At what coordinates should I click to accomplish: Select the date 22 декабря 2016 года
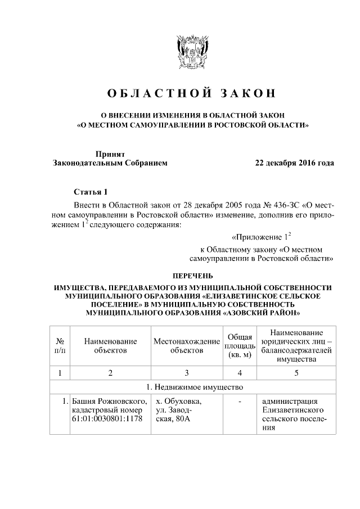[x=294, y=163]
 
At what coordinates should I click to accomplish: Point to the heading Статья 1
[x=90, y=191]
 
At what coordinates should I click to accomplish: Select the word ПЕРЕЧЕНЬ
[x=192, y=276]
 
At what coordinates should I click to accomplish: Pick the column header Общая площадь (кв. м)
[x=240, y=345]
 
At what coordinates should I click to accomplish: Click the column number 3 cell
[x=186, y=372]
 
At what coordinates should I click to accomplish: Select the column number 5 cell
[x=296, y=372]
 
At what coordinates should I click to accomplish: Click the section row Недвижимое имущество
[x=192, y=388]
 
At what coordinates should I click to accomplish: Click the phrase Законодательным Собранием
[x=110, y=163]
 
